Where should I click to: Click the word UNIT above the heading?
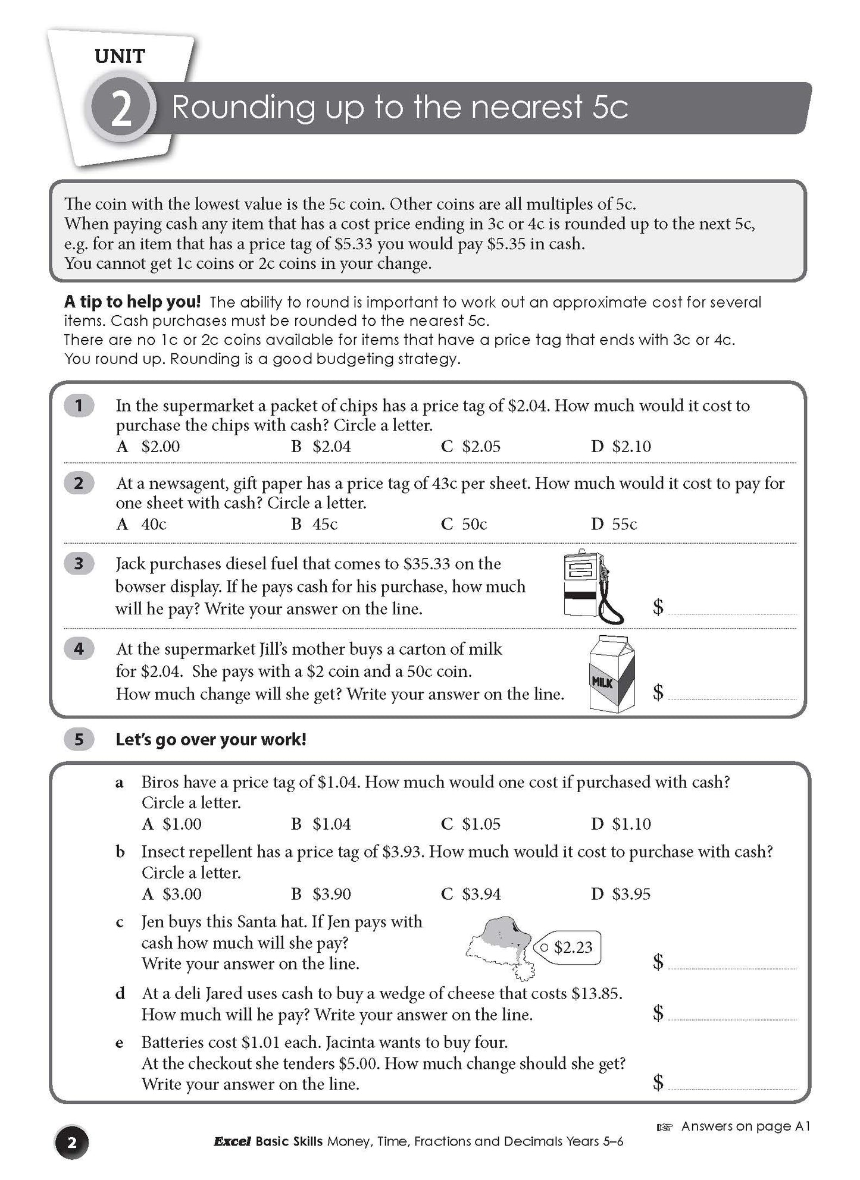click(120, 57)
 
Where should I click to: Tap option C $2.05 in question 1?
click(471, 446)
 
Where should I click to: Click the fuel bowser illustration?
click(592, 586)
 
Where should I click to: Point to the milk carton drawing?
click(612, 673)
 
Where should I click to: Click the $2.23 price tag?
click(568, 947)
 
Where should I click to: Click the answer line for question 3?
click(731, 610)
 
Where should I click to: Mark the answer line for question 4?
click(731, 695)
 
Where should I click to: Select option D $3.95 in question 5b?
click(621, 894)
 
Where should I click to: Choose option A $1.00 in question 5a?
click(172, 824)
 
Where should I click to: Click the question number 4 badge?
click(79, 648)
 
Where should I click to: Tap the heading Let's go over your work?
click(211, 740)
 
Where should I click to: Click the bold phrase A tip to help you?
click(132, 302)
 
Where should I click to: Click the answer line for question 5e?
click(731, 1085)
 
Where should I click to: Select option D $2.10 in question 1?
click(621, 446)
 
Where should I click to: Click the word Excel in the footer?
click(232, 1141)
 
